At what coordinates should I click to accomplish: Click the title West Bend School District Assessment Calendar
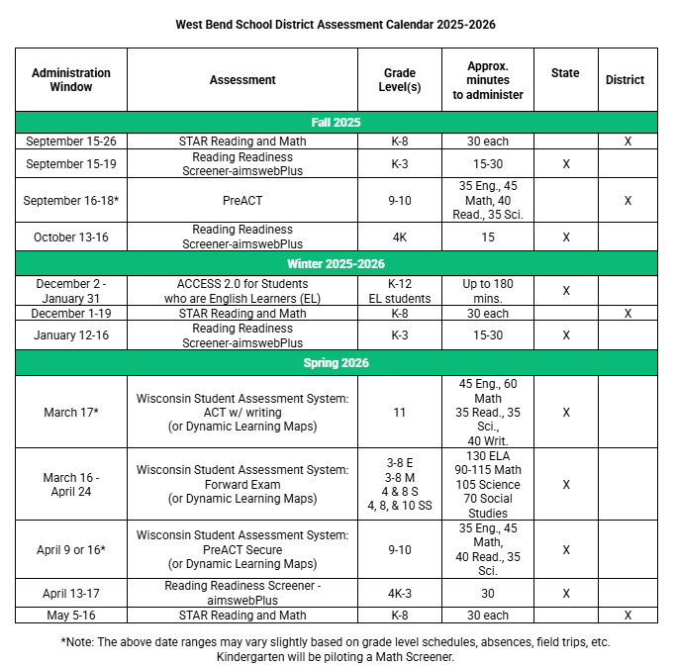coord(335,24)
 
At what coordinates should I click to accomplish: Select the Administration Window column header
coord(71,80)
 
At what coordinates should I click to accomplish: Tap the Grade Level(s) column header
coord(400,80)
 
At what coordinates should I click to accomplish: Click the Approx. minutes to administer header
coord(488,80)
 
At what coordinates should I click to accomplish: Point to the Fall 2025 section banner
coord(336,123)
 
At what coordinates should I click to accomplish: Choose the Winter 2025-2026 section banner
coord(336,264)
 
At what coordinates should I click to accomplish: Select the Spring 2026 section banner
coord(336,363)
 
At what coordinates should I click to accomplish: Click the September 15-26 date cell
coord(71,142)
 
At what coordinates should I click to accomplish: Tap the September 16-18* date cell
coord(71,200)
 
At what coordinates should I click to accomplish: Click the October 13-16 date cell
coord(71,238)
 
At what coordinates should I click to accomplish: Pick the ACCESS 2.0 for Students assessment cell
coord(242,291)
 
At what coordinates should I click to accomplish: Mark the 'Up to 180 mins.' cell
coord(488,291)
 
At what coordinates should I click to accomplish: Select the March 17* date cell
coord(71,412)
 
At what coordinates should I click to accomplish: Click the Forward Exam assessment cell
coord(242,485)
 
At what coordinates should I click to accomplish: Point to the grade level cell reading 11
coord(400,412)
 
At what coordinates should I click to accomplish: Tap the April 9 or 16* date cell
coord(71,550)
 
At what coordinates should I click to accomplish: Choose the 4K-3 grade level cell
coord(400,594)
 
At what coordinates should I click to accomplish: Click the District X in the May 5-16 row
coord(628,616)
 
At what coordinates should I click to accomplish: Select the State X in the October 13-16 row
coord(566,238)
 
